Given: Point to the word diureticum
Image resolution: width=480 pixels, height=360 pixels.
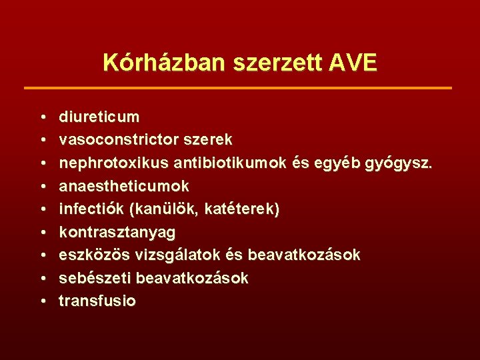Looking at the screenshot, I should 99,117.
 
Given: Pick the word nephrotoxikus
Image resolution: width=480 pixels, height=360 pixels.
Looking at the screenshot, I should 113,163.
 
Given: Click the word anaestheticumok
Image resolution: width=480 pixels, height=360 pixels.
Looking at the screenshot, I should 124,186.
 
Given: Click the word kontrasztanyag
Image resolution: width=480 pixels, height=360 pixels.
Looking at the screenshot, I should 117,232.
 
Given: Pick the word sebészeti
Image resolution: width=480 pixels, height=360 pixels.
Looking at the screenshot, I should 96,278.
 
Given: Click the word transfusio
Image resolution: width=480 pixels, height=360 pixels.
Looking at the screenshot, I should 97,301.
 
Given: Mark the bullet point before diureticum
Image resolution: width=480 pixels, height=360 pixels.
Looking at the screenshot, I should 42,118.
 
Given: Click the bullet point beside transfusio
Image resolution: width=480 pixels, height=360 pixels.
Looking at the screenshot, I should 42,301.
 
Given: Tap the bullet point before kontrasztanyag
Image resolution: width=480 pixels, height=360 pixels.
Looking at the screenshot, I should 42,233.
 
